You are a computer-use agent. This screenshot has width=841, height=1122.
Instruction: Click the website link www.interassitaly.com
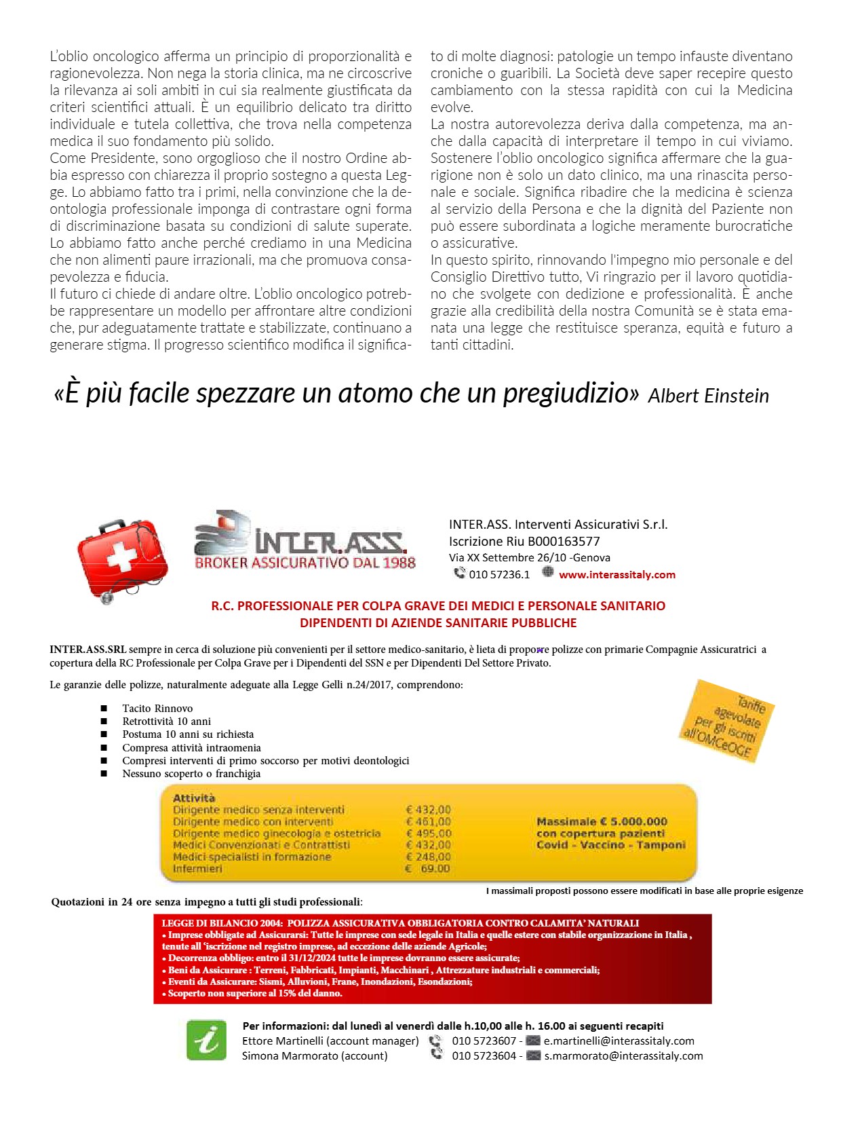point(617,575)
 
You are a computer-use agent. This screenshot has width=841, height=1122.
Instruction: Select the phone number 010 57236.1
point(499,575)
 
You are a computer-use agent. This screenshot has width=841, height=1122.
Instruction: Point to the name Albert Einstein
point(708,396)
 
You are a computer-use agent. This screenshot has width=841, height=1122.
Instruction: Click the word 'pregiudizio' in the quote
point(570,393)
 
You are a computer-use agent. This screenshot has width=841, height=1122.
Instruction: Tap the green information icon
point(206,1039)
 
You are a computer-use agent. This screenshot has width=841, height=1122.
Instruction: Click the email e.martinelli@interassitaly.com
point(619,1041)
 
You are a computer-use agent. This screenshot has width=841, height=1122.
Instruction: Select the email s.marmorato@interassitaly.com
point(623,1055)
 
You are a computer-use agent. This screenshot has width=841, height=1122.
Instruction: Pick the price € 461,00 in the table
point(428,822)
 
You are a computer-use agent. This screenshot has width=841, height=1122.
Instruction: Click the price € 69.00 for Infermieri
point(428,869)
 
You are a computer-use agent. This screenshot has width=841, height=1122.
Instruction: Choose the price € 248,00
point(428,857)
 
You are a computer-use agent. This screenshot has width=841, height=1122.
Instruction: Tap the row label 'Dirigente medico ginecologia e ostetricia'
point(277,834)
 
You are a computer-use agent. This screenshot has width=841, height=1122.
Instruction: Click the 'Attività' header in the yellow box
point(194,798)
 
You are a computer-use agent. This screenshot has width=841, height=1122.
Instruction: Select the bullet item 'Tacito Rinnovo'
point(157,709)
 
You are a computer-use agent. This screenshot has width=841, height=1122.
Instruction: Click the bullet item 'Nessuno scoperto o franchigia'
point(191,774)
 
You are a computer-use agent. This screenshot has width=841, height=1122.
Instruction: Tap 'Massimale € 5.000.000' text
point(602,821)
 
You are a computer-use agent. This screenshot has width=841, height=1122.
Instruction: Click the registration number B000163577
point(564,542)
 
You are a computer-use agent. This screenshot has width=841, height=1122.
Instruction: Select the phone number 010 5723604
point(484,1055)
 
